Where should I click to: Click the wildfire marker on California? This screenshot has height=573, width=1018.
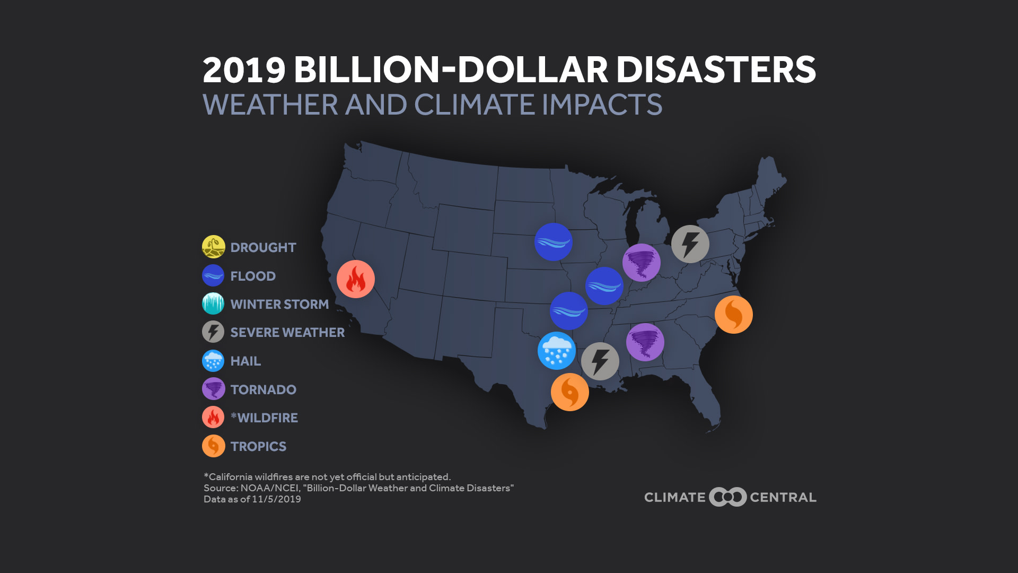pyautogui.click(x=356, y=279)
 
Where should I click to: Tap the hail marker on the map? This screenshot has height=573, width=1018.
pyautogui.click(x=557, y=351)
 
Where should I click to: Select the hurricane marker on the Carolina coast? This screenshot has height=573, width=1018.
pyautogui.click(x=734, y=315)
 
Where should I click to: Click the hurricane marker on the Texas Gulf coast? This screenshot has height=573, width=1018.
pyautogui.click(x=570, y=392)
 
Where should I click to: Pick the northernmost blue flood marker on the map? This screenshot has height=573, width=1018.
pyautogui.click(x=554, y=242)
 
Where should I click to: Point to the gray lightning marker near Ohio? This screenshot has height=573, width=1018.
pyautogui.click(x=690, y=244)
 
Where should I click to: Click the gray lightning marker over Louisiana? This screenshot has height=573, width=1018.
pyautogui.click(x=600, y=361)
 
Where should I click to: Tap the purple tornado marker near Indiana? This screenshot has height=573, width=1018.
pyautogui.click(x=642, y=263)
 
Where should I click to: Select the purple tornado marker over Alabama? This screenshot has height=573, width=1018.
pyautogui.click(x=645, y=342)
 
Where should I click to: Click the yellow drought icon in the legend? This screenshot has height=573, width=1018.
pyautogui.click(x=214, y=247)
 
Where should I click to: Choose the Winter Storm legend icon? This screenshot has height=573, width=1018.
pyautogui.click(x=213, y=303)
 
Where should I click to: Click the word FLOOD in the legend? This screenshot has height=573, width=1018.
pyautogui.click(x=253, y=276)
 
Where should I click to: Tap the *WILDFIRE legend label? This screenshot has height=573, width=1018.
pyautogui.click(x=265, y=418)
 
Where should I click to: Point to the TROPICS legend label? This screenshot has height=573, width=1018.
pyautogui.click(x=258, y=446)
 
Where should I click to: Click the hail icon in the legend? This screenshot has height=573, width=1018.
pyautogui.click(x=213, y=361)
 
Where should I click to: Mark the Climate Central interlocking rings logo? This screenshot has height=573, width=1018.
pyautogui.click(x=728, y=497)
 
